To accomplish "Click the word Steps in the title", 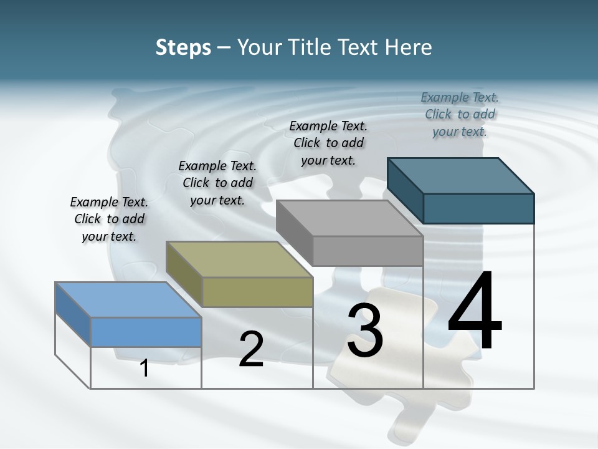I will point(183,47).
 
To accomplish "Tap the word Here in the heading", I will point(409,47).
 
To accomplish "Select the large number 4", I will point(475,311).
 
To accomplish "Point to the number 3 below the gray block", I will point(365,331).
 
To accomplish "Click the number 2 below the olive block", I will point(251,349).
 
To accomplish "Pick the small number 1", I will point(145,368).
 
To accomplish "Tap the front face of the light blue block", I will point(146,332).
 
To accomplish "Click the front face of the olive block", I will point(257,292).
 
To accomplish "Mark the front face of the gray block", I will point(368,251).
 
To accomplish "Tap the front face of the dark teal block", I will point(478,208).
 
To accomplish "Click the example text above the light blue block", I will point(109,219).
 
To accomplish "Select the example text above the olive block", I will point(217,183).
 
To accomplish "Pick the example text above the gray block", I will point(328,143).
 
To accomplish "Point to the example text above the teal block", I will point(460,114).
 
